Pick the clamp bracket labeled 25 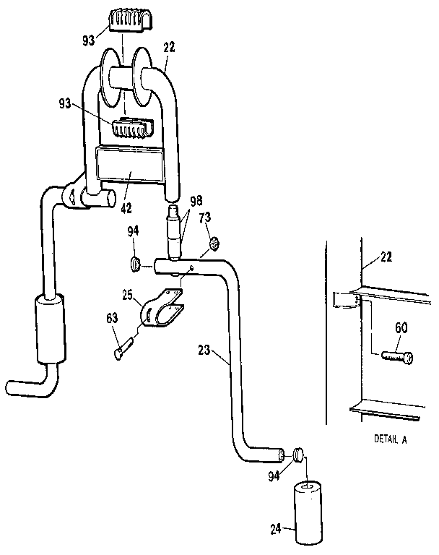pyautogui.click(x=160, y=310)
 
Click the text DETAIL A pyautogui.click(x=390, y=439)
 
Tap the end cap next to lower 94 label pyautogui.click(x=298, y=455)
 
